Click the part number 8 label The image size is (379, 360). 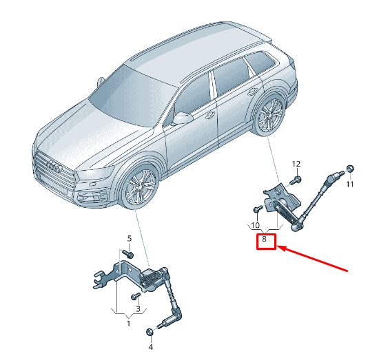[264, 239]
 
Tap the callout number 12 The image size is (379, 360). [296, 164]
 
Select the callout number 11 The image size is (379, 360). [349, 184]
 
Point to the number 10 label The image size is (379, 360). [255, 225]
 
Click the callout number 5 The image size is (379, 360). [130, 239]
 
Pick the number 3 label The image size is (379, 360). [138, 308]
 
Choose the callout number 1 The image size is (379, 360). [128, 324]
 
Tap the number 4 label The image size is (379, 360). [150, 347]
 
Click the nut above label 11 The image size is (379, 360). [350, 168]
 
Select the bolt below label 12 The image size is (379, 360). [296, 180]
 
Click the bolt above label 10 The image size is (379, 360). [258, 209]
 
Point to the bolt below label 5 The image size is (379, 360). [127, 253]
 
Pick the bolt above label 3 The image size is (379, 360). [135, 296]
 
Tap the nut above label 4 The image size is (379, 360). [150, 332]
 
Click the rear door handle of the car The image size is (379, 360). [253, 92]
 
